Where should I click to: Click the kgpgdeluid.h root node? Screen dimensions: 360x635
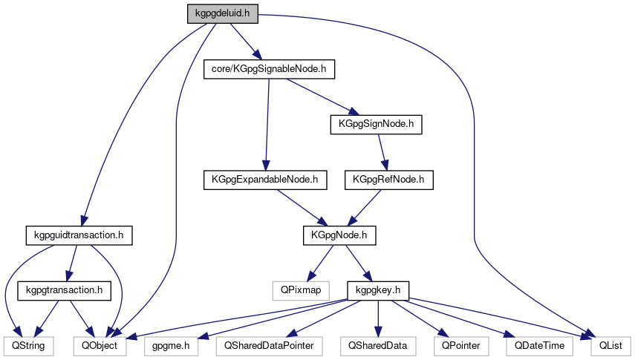[x=222, y=13]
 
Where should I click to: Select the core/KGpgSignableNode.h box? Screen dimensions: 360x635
[x=269, y=69]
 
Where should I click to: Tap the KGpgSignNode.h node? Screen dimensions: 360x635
[x=376, y=124]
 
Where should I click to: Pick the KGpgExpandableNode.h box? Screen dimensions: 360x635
[x=264, y=179]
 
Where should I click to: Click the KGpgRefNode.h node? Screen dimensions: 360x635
[x=389, y=179]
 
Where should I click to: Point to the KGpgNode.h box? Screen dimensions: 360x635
[x=339, y=235]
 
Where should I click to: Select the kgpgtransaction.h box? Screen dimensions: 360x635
[x=64, y=289]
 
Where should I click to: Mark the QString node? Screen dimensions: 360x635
[x=27, y=345]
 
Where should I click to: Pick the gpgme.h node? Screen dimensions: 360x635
[x=171, y=345]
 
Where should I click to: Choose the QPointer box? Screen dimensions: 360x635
[x=460, y=345]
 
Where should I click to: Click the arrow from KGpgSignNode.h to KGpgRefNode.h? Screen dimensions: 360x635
[x=383, y=151]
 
